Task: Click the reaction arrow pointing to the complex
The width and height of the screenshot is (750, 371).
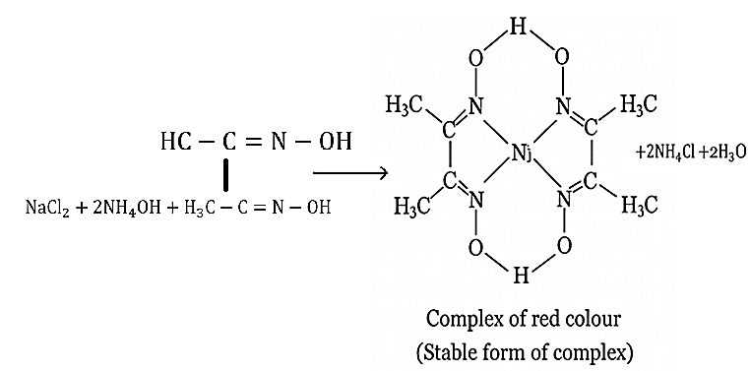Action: click(x=349, y=172)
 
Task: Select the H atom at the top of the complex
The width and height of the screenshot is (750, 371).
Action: click(x=518, y=28)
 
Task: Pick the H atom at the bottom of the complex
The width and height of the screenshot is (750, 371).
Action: click(x=521, y=277)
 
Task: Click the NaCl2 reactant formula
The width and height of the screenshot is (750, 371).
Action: click(x=47, y=210)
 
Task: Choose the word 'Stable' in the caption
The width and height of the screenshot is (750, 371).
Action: click(x=449, y=353)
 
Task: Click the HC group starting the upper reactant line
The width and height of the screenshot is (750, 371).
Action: click(x=175, y=142)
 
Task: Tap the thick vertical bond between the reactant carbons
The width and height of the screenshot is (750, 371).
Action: click(x=225, y=176)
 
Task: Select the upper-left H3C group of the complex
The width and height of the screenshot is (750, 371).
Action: click(x=406, y=105)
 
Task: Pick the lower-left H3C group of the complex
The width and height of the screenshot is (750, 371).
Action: click(x=412, y=207)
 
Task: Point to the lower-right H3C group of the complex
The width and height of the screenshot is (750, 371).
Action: click(x=640, y=205)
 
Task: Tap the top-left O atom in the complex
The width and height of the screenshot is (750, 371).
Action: click(x=476, y=59)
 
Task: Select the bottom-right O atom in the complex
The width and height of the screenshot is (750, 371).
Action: click(x=564, y=245)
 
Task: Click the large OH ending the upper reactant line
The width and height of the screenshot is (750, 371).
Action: click(x=336, y=142)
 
